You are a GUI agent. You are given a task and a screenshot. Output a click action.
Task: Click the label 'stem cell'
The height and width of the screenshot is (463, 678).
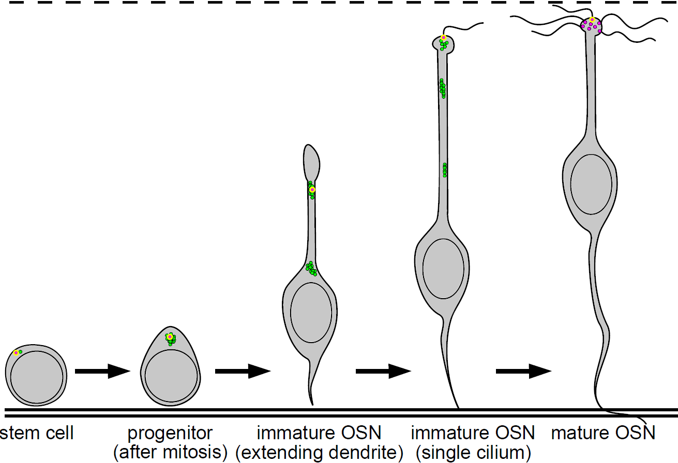pos(37,433)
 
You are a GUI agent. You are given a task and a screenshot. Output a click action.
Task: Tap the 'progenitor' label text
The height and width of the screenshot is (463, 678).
pos(170,433)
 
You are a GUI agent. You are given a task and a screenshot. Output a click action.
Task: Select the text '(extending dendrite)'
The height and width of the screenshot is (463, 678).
pos(319,453)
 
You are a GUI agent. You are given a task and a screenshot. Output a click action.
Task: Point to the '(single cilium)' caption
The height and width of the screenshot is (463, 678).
pos(472,453)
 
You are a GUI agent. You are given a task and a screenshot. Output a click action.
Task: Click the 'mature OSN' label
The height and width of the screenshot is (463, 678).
pos(603,433)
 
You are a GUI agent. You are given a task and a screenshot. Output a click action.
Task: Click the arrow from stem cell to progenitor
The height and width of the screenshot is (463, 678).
pos(102,371)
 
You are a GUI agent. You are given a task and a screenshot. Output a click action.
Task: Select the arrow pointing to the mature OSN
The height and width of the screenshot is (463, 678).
pos(523,371)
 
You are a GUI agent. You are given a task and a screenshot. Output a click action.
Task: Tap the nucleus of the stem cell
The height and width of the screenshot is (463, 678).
pos(37,378)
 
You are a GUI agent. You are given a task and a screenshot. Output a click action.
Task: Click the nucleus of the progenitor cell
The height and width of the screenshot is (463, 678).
pos(171,376)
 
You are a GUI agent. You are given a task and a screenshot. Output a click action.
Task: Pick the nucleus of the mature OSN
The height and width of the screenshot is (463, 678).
pos(591,183)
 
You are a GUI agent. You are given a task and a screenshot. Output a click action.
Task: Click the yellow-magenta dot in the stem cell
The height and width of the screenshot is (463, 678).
pos(16,352)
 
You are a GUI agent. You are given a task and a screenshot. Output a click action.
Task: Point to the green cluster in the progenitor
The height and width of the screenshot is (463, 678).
pos(170,338)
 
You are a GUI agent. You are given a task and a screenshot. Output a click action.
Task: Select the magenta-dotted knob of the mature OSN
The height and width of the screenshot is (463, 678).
pos(592,25)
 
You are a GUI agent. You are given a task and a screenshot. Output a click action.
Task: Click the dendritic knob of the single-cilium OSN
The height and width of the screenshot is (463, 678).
pos(443,43)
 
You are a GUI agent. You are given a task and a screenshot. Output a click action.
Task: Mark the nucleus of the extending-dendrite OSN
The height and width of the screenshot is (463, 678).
pos(311,312)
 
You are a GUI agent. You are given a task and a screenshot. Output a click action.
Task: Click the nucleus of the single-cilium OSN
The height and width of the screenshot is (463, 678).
pos(443,268)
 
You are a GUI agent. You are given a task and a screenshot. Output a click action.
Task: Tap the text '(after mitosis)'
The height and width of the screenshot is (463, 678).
pos(170,453)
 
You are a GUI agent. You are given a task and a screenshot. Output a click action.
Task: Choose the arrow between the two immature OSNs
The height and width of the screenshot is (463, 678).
pos(383,371)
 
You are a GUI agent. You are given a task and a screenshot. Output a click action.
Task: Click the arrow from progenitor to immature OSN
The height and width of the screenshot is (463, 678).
pos(243,371)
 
